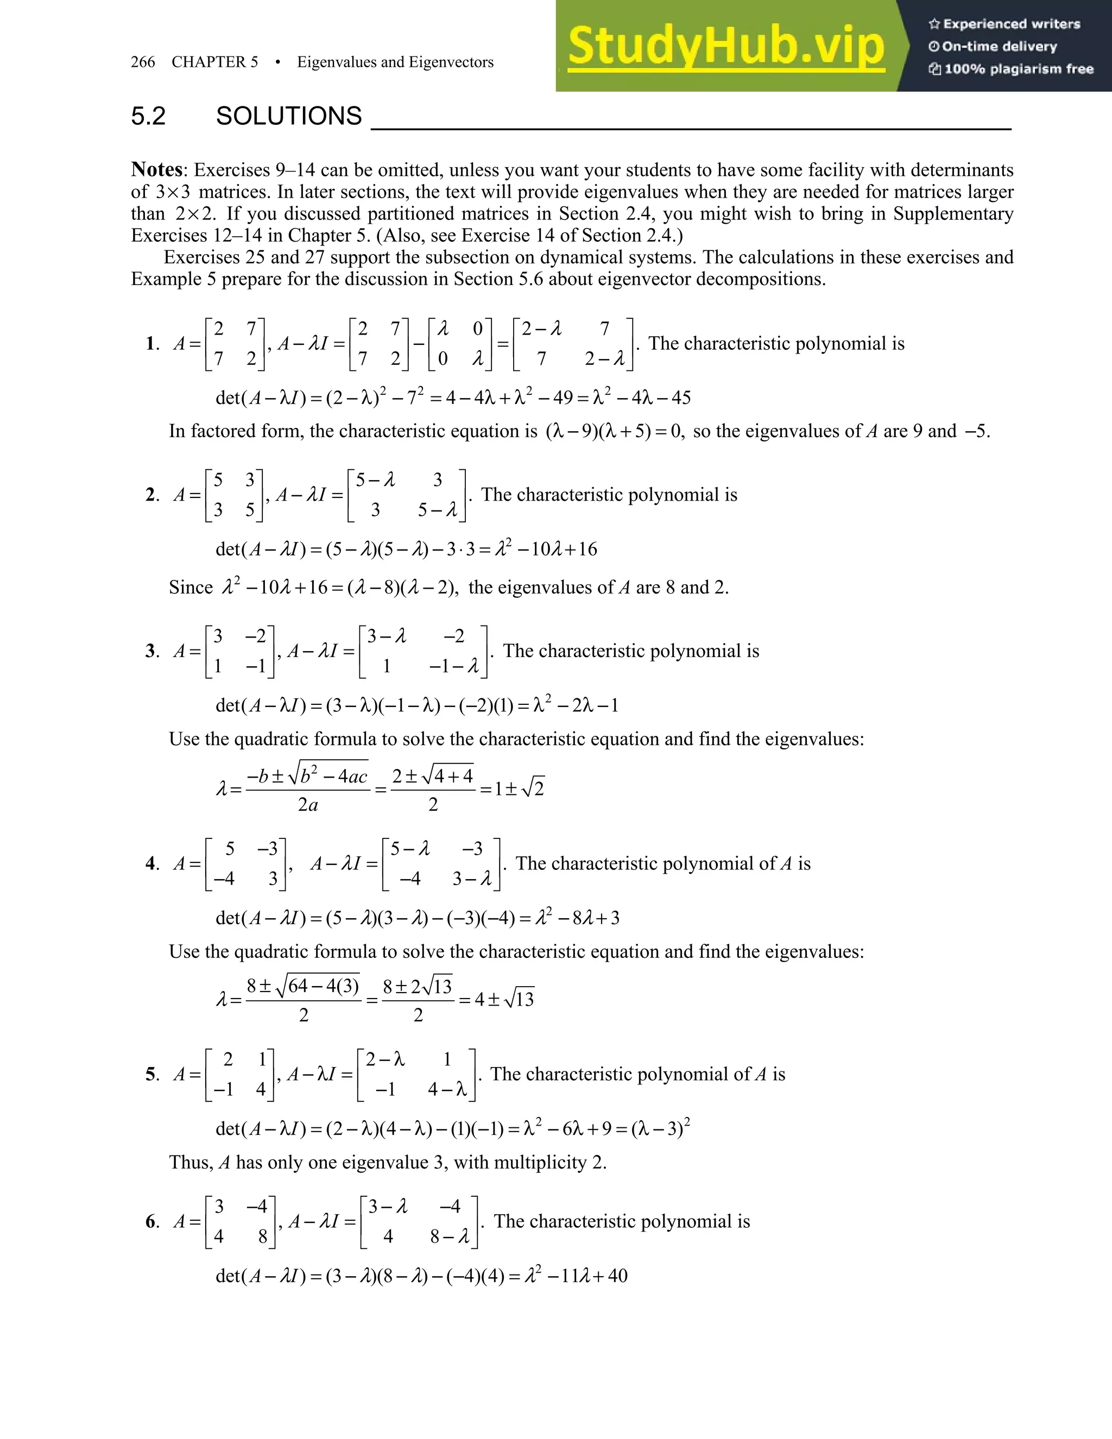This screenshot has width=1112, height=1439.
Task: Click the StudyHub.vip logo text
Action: pyautogui.click(x=725, y=46)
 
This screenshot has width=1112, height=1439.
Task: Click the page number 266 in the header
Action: pyautogui.click(x=143, y=62)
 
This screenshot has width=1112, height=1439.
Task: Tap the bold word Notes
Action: pyautogui.click(x=157, y=169)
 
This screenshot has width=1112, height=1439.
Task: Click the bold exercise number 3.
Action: pyautogui.click(x=151, y=651)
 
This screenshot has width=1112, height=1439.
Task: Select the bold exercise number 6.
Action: pyautogui.click(x=151, y=1222)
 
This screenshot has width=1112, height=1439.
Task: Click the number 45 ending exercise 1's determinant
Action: pyautogui.click(x=680, y=397)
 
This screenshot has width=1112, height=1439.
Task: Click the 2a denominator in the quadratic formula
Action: pyautogui.click(x=308, y=805)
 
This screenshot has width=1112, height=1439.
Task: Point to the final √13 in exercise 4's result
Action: pyautogui.click(x=520, y=1000)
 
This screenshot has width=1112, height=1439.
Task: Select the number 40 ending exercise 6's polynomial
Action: pyautogui.click(x=617, y=1276)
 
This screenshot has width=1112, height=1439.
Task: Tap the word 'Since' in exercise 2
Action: pyautogui.click(x=191, y=587)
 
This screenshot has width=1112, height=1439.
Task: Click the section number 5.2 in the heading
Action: pyautogui.click(x=148, y=116)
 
